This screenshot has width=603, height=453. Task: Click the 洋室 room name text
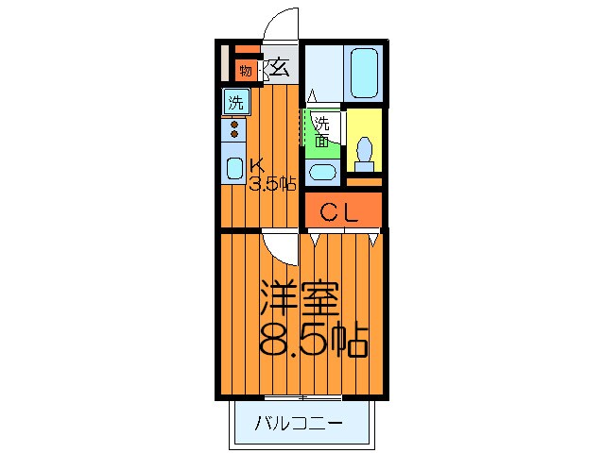coord(301,301)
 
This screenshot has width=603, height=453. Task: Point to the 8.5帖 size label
coord(312,342)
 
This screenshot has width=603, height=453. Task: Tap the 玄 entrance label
coord(281,67)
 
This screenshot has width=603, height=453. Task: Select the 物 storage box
coord(245,70)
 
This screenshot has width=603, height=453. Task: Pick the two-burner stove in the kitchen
coord(233,130)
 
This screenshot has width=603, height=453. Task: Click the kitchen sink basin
coord(233,170)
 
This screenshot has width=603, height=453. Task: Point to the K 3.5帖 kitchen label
coord(272,174)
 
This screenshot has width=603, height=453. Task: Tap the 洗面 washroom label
coord(322,131)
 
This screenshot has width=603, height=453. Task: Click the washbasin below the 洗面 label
coord(322,173)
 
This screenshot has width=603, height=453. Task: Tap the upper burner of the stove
coord(233,124)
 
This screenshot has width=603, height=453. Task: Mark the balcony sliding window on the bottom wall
coord(302,394)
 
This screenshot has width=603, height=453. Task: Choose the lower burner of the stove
coord(233,136)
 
